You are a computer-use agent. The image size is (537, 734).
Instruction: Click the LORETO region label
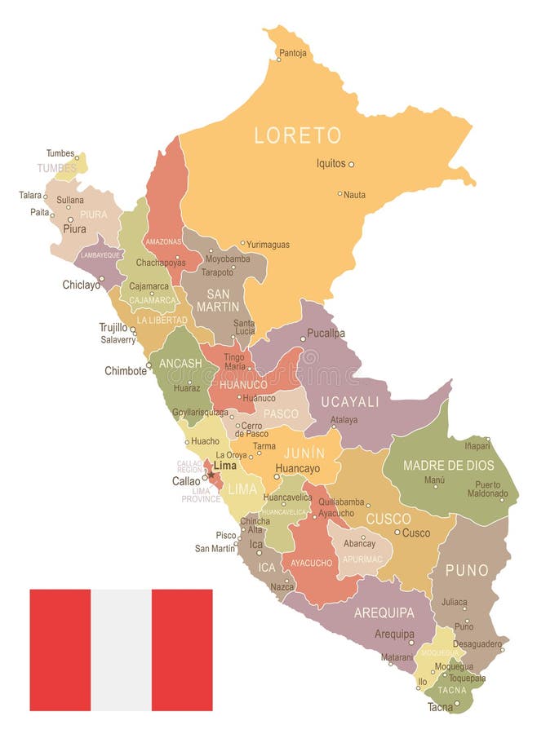(x=297, y=135)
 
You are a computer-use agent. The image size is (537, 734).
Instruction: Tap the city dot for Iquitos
(x=352, y=164)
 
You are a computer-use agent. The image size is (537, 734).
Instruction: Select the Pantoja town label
(x=293, y=54)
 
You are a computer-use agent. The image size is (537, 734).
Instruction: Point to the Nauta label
(x=354, y=195)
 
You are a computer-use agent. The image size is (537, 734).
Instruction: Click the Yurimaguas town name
(x=268, y=244)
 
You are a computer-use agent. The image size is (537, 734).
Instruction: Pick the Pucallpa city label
(x=326, y=334)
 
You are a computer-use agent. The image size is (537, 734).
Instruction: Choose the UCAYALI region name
(x=350, y=401)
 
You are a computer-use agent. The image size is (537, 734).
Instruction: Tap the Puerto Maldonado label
(x=487, y=489)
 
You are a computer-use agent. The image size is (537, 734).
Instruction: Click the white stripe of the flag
(x=121, y=649)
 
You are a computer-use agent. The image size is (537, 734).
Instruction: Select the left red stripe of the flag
(x=60, y=649)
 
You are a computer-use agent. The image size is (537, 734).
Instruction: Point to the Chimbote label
(x=126, y=370)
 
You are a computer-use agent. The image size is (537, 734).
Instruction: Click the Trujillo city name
(x=113, y=327)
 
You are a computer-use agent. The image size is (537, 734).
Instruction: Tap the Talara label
(x=30, y=195)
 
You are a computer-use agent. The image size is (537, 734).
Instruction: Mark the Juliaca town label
(x=454, y=602)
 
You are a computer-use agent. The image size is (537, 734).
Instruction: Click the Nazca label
(x=282, y=586)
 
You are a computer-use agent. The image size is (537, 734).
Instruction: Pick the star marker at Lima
(x=211, y=475)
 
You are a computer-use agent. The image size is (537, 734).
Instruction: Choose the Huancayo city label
(x=297, y=469)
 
